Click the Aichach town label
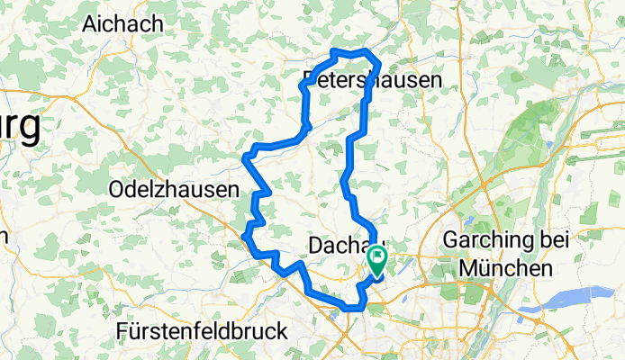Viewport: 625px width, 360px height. click(122, 24)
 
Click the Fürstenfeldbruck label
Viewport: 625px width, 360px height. click(202, 331)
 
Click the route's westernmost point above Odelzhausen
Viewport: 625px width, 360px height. click(245, 161)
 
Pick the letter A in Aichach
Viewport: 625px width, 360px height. click(89, 24)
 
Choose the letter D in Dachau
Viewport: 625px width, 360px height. click(314, 246)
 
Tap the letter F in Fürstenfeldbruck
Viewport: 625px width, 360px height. click(122, 331)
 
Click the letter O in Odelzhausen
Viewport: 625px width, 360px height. click(114, 189)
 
